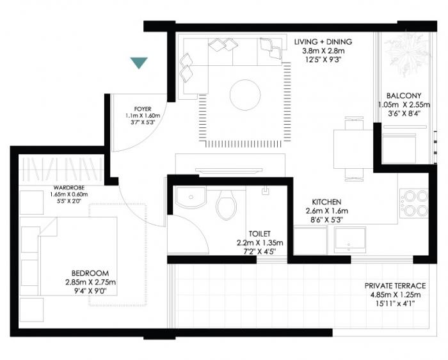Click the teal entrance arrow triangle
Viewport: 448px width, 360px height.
click(138, 62)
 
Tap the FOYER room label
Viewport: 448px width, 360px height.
click(142, 109)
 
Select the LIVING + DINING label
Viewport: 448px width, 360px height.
click(323, 42)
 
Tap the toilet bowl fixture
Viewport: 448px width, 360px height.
click(225, 205)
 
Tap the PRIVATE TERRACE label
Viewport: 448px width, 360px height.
click(395, 286)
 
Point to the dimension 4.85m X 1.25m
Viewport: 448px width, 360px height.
click(395, 295)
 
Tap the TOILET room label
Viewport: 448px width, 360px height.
click(260, 234)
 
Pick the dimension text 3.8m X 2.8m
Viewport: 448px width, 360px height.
click(323, 52)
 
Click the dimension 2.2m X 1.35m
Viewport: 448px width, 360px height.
click(260, 243)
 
